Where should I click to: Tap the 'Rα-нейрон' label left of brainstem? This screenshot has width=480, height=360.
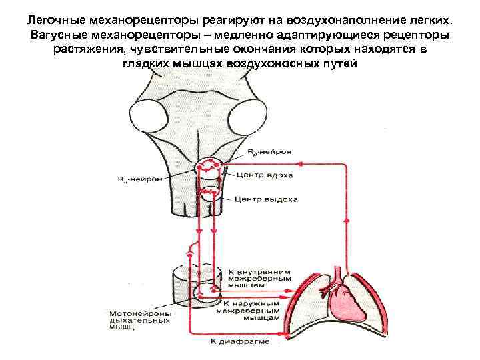[x=139, y=179]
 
